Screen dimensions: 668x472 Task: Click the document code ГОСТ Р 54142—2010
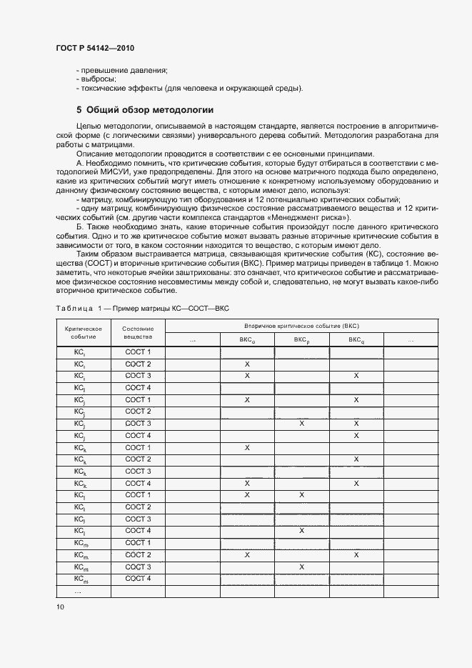coord(94,48)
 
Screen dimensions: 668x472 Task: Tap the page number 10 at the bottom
coord(60,607)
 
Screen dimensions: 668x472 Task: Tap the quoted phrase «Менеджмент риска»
coord(311,217)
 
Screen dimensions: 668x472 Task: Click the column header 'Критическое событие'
coord(83,332)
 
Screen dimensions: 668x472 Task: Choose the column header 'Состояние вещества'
coord(138,332)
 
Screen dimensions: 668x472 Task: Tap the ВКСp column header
coord(301,340)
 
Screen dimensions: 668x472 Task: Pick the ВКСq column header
coord(356,340)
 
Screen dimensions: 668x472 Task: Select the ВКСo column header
coord(247,340)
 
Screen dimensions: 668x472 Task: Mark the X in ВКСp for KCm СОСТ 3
coord(301,567)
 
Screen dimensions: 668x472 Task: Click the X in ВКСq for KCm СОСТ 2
coord(356,554)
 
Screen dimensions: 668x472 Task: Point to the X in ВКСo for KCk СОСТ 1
coord(247,447)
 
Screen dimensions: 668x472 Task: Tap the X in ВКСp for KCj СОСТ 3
coord(301,424)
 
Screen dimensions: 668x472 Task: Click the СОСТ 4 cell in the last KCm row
coord(138,578)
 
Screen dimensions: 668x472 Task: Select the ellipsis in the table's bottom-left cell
coord(79,591)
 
